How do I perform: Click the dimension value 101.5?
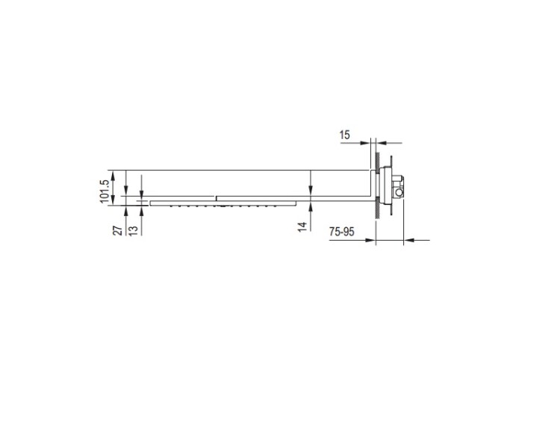[x=105, y=191]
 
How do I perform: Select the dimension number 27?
[x=118, y=231]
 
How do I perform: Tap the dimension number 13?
[x=133, y=231]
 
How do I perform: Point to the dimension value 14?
[x=302, y=227]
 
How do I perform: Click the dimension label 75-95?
[x=342, y=232]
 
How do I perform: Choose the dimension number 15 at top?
[x=345, y=135]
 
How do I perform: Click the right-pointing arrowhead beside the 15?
[x=364, y=143]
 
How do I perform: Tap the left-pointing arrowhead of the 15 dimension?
[x=381, y=143]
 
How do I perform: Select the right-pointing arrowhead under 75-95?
[x=370, y=240]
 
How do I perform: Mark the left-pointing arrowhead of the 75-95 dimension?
[x=409, y=240]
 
